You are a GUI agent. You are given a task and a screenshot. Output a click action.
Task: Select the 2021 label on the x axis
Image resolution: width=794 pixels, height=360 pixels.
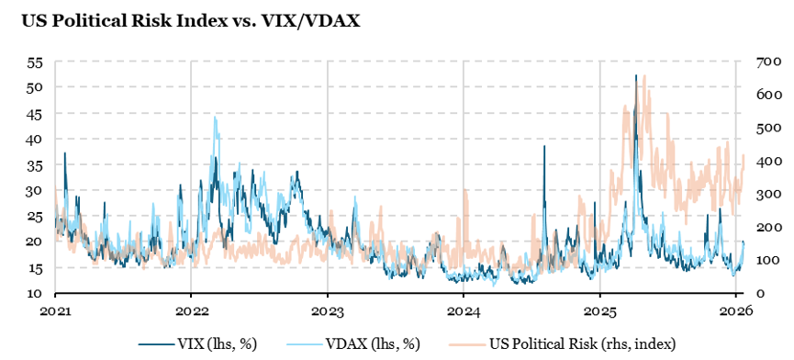point(55,310)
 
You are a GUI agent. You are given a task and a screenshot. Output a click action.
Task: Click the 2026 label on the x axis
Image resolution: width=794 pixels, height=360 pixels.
point(735,310)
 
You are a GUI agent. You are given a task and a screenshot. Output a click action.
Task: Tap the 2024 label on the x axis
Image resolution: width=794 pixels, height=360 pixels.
point(464,310)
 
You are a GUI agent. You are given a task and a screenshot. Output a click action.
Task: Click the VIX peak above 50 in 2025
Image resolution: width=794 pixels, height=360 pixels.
point(635,76)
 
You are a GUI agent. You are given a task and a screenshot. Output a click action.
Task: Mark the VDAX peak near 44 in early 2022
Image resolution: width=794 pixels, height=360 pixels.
point(216,118)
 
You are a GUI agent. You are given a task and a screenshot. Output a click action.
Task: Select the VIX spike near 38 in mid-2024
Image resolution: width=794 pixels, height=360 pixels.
point(544,147)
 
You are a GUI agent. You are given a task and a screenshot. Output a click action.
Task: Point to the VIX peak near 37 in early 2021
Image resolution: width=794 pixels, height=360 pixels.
point(64,153)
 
